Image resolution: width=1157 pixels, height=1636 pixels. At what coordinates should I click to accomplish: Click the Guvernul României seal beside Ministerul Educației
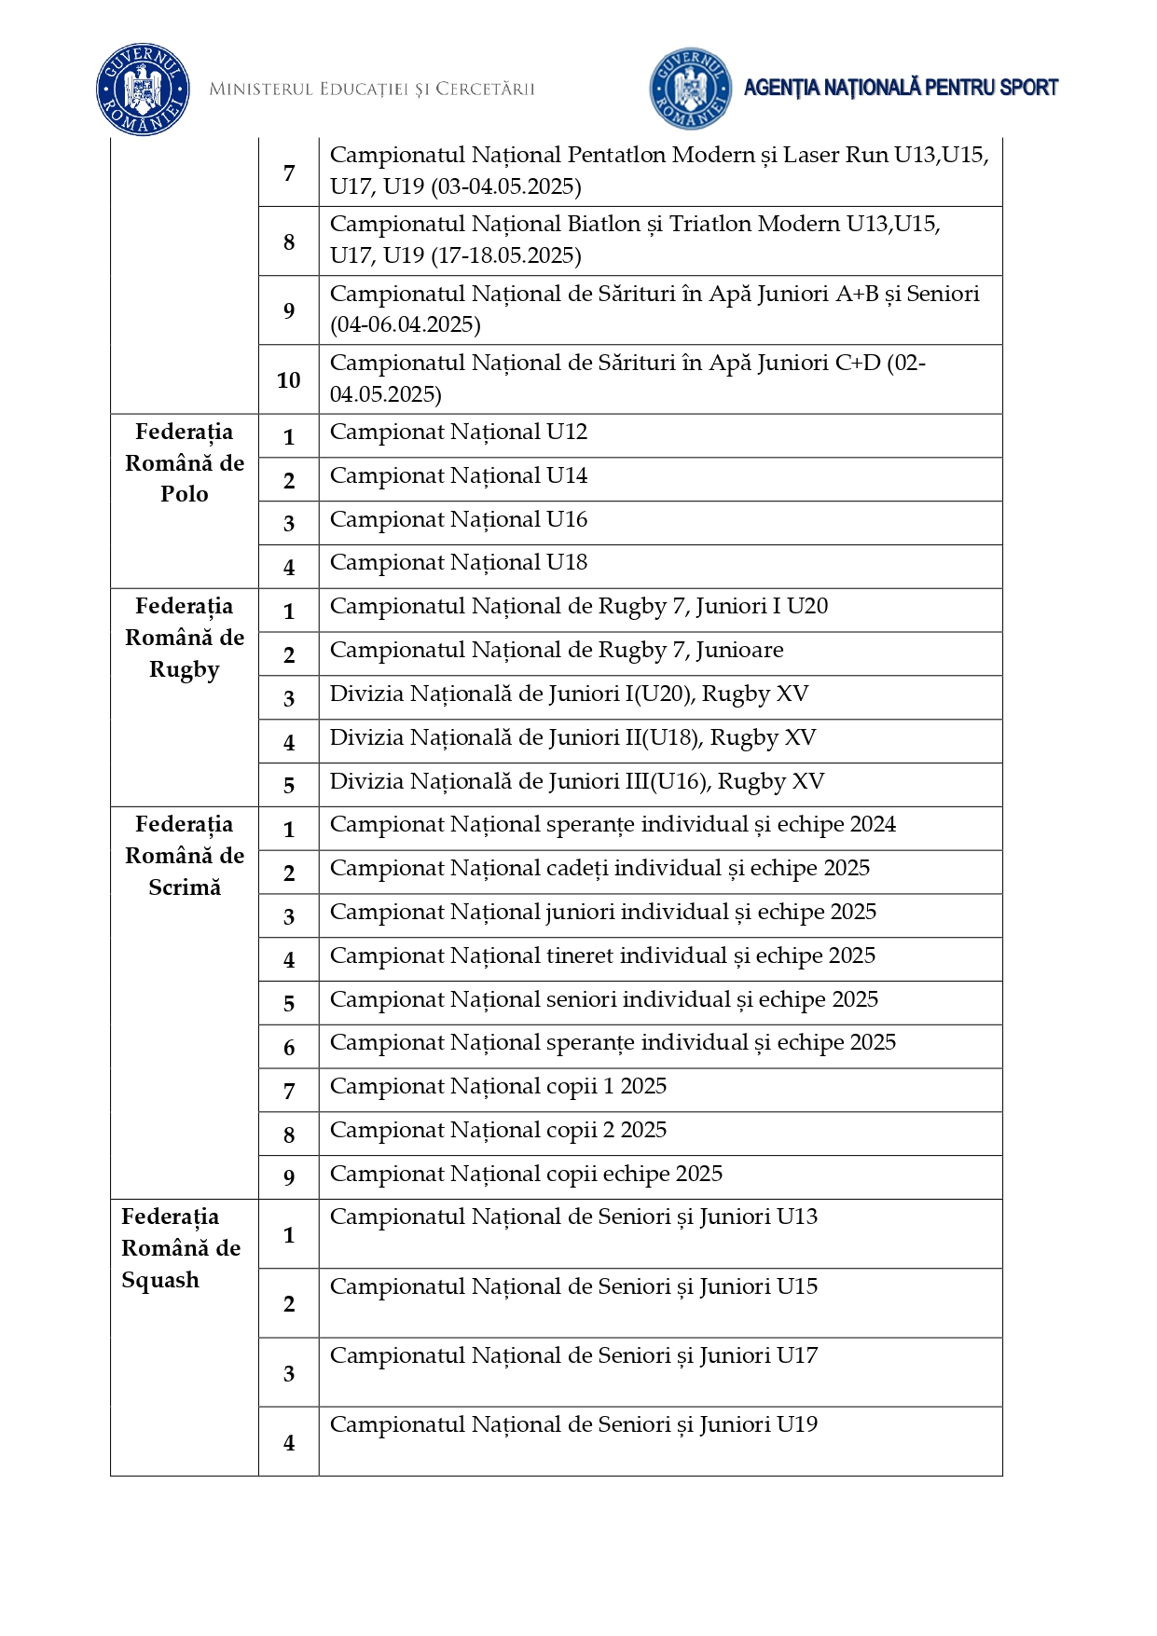coord(143,89)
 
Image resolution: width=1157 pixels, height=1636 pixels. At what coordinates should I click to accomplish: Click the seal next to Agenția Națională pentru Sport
coord(690,89)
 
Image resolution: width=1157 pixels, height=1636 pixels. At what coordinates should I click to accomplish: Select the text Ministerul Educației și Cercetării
coord(372,89)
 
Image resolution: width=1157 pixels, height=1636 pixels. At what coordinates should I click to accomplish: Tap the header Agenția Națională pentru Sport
coord(901,88)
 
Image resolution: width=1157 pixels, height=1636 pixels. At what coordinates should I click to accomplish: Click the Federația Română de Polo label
coord(185,463)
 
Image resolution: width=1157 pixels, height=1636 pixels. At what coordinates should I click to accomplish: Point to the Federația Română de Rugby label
coord(185,638)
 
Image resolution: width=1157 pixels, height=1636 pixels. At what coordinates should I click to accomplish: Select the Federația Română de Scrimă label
coord(185,856)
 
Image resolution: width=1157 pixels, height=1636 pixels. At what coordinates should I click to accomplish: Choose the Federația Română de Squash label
coord(181,1248)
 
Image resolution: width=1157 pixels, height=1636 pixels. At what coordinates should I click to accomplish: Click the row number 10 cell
coord(289,380)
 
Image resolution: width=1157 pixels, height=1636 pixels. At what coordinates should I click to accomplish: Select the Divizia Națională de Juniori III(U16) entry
coord(576,782)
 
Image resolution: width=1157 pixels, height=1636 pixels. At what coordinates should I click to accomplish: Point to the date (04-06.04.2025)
coord(406,325)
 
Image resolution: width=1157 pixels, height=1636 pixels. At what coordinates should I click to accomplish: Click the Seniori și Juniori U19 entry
coord(573,1425)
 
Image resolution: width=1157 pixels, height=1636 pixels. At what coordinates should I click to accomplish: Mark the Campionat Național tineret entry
coord(602,956)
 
